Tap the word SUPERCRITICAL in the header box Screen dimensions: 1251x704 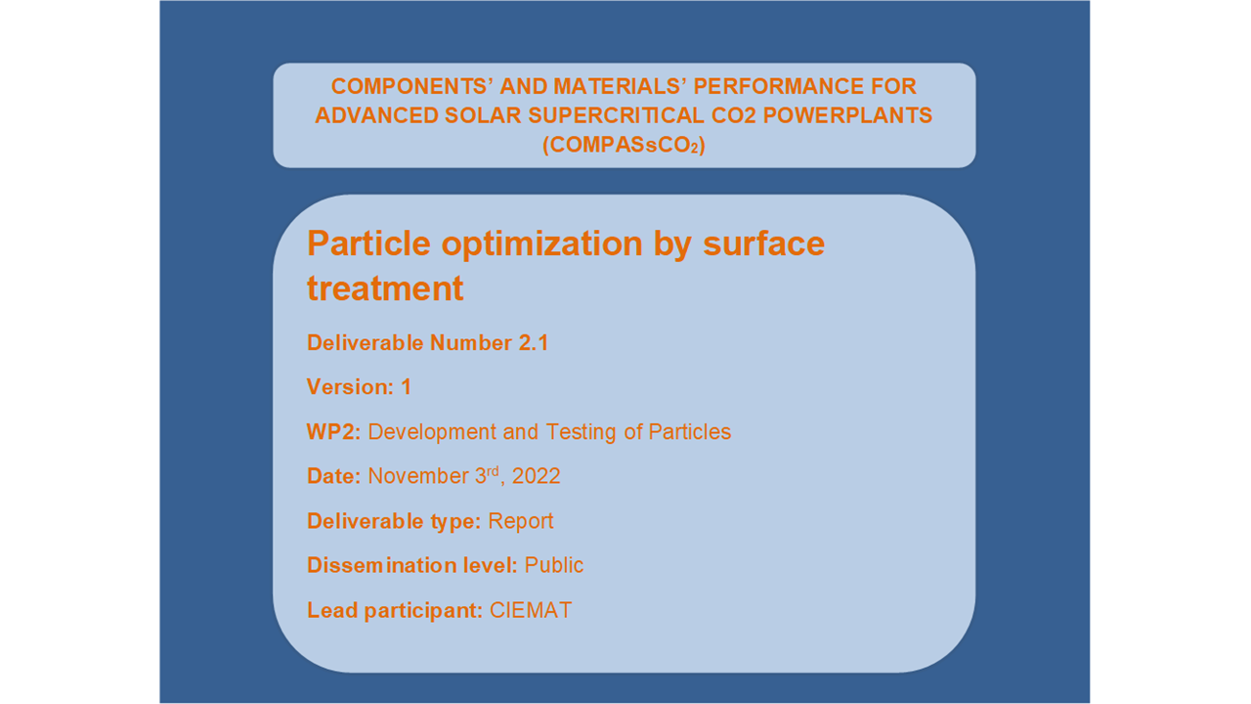[x=616, y=115]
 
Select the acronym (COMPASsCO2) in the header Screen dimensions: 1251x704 [x=624, y=145]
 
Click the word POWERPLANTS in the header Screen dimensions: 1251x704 [x=847, y=115]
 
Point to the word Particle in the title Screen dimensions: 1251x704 [x=368, y=243]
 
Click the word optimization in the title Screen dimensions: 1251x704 [x=541, y=244]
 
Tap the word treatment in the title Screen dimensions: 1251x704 [x=385, y=288]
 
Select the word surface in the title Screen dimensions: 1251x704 [x=763, y=243]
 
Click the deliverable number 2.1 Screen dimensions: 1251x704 [x=534, y=343]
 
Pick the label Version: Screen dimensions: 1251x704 [x=351, y=387]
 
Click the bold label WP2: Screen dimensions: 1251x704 [x=334, y=432]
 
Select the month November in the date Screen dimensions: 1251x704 [x=418, y=476]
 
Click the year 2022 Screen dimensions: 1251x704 [x=537, y=476]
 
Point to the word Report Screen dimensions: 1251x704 [x=521, y=522]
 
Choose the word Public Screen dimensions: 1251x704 [x=554, y=565]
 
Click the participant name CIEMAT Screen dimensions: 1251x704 [x=531, y=610]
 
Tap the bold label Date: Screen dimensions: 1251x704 [x=334, y=476]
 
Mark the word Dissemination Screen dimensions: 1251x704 [x=382, y=565]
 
